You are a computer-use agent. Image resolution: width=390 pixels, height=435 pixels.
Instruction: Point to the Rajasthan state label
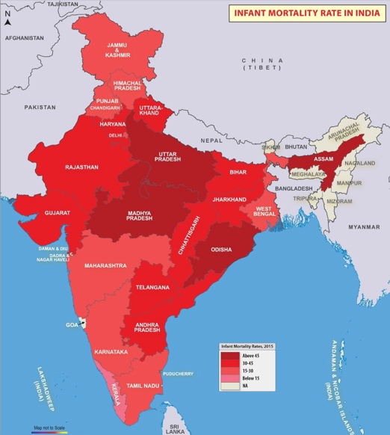coord(81,167)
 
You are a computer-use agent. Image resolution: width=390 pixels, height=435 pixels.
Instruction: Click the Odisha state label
coord(221,250)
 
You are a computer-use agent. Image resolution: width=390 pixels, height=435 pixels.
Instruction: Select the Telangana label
coord(153,287)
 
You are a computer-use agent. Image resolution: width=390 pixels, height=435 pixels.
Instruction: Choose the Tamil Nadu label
coord(141,385)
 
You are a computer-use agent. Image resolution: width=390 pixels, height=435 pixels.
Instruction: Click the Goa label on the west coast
coord(72,325)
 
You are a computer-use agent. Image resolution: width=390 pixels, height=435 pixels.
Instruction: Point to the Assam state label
coord(324,160)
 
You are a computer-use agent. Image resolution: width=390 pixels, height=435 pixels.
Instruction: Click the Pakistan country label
coord(40,107)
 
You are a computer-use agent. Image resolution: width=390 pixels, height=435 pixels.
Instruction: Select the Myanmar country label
coord(364,224)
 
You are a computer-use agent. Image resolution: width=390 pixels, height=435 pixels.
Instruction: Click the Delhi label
coord(115,135)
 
